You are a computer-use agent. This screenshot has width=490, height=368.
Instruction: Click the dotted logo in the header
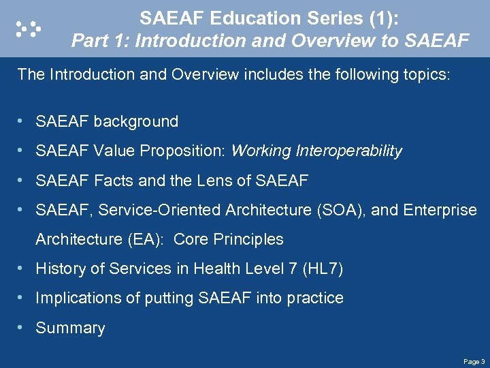point(28,28)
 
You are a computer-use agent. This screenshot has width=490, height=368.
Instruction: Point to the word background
point(136,122)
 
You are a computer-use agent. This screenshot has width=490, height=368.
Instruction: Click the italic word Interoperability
point(349,151)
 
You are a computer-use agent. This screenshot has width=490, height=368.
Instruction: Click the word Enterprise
point(440,210)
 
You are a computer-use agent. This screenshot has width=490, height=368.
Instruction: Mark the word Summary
point(70,328)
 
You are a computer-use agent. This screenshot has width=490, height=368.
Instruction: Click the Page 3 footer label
point(474,361)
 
